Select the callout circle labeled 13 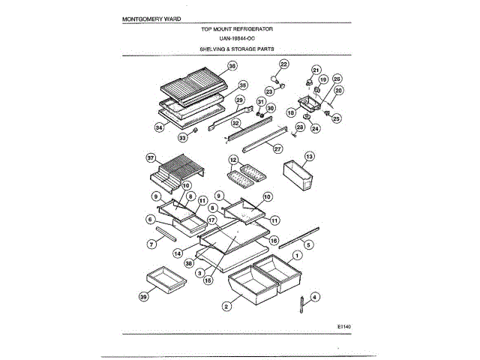[x=309, y=157]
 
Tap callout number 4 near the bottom [x=315, y=297]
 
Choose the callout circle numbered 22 [x=284, y=64]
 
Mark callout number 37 [x=151, y=158]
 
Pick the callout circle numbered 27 [x=277, y=149]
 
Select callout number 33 [x=182, y=137]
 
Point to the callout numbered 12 [x=233, y=160]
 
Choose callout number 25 [x=336, y=118]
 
